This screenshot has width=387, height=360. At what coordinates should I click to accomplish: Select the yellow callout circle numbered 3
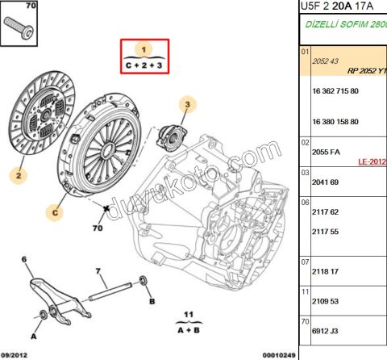(x=187, y=105)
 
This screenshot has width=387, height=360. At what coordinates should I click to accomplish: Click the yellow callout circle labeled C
(x=56, y=213)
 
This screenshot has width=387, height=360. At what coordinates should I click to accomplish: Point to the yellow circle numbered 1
(x=146, y=48)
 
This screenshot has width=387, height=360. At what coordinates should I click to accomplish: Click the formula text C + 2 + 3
(x=145, y=63)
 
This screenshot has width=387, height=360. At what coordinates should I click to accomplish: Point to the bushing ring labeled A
(x=42, y=314)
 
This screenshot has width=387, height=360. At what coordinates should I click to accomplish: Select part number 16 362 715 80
(x=335, y=94)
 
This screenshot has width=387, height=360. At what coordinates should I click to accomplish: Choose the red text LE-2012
(x=372, y=161)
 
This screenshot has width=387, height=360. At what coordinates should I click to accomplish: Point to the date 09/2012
(x=17, y=354)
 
